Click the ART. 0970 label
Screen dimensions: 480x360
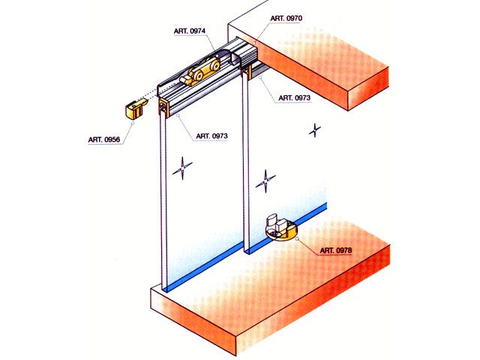286,18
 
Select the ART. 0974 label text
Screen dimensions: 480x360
190,31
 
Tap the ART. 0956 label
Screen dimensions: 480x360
104,139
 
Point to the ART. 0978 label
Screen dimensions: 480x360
336,250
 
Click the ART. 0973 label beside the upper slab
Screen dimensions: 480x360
294,98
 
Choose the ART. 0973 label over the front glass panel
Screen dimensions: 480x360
211,136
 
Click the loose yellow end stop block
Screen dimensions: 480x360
135,108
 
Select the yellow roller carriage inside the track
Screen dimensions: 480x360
200,72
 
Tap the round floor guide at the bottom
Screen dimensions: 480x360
280,228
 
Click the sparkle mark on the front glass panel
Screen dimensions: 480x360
182,168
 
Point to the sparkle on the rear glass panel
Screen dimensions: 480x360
265,181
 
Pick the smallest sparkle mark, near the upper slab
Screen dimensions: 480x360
315,130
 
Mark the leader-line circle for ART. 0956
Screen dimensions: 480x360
133,123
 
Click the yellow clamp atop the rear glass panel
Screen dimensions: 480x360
247,74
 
